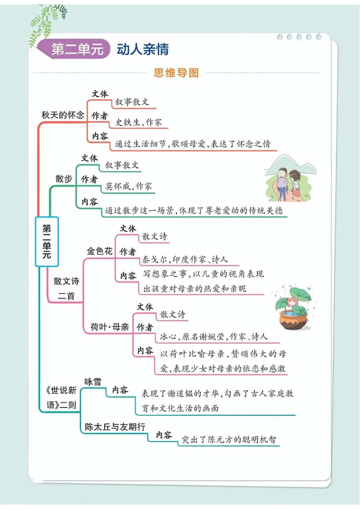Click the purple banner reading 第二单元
coord(77,49)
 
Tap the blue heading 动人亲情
coord(143,49)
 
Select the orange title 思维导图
coord(176,73)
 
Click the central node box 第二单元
coord(47,241)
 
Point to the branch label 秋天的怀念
coord(63,115)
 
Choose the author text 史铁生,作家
coord(138,122)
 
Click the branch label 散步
coord(64,179)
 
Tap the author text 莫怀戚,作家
coord(128,186)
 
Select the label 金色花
coord(99,251)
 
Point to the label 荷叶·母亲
coord(109,327)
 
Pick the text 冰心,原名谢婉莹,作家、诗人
coord(213,337)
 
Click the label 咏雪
coord(93,382)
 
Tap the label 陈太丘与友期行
coord(115,427)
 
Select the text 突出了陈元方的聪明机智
coord(229,439)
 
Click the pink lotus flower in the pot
coord(292,302)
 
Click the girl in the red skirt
coord(295,185)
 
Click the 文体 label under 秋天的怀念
coord(100,94)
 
